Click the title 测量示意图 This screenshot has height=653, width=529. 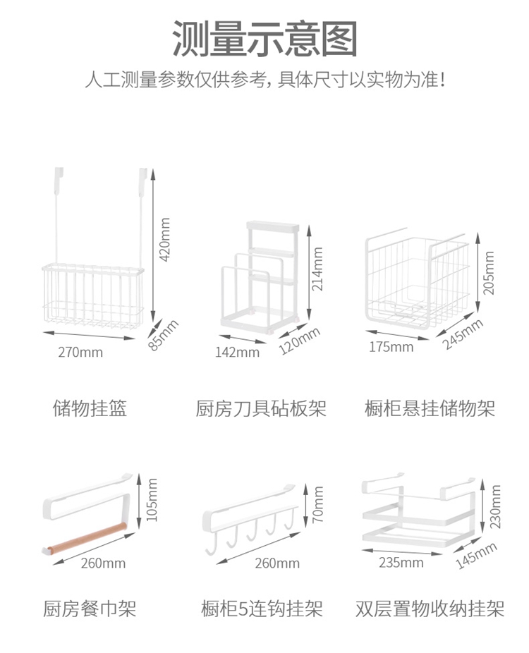pyautogui.click(x=264, y=39)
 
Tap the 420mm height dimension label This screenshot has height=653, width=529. pyautogui.click(x=165, y=240)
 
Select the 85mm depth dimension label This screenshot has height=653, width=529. pyautogui.click(x=163, y=335)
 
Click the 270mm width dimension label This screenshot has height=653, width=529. pyautogui.click(x=80, y=353)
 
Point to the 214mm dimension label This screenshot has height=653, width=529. pyautogui.click(x=317, y=269)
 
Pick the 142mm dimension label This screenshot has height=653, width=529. pyautogui.click(x=237, y=353)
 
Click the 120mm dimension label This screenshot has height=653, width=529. pyautogui.click(x=300, y=341)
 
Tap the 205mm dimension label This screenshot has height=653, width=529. pyautogui.click(x=488, y=273)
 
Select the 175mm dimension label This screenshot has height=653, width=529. pyautogui.click(x=391, y=347)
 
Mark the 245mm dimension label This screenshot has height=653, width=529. pyautogui.click(x=463, y=334)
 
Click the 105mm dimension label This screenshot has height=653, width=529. pyautogui.click(x=152, y=499)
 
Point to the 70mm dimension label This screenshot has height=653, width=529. pyautogui.click(x=318, y=504)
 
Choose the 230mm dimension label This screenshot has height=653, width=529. pyautogui.click(x=495, y=506)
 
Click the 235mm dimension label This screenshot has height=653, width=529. pyautogui.click(x=401, y=563)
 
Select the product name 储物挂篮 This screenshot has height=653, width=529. pyautogui.click(x=90, y=408)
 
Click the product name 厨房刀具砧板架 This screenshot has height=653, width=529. pyautogui.click(x=261, y=408)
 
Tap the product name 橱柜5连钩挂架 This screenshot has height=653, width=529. pyautogui.click(x=262, y=609)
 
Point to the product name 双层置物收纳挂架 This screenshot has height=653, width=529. pyautogui.click(x=430, y=609)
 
